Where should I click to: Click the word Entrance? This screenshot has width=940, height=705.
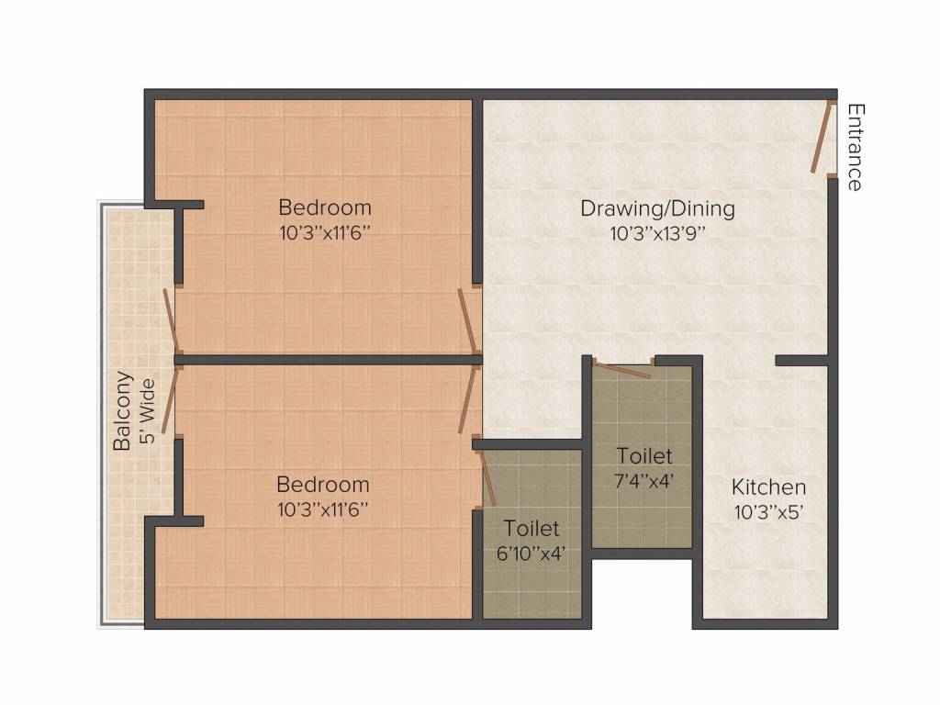point(855,147)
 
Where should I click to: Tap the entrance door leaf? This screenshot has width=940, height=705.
point(822,137)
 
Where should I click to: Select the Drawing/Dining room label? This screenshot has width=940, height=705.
point(657,208)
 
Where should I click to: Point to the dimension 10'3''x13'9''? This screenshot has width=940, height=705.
point(657,233)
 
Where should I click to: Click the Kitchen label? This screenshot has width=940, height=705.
point(768,487)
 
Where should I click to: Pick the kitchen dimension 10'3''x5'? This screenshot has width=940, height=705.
point(768,512)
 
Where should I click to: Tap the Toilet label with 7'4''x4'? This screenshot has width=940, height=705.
point(644,455)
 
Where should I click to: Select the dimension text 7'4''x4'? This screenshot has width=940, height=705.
point(644,479)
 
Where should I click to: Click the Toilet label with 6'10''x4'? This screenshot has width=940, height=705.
point(532,529)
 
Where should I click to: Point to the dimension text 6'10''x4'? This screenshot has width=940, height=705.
point(532,553)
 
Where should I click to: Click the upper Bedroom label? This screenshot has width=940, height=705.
point(325,207)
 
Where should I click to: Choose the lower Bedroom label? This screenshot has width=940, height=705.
point(323,484)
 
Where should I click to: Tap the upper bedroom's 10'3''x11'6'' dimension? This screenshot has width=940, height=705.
point(325,231)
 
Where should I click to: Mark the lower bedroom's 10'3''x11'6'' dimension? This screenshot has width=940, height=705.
point(323,509)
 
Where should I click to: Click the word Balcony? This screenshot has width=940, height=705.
point(122,410)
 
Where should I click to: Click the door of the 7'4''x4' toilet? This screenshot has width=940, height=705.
point(622,370)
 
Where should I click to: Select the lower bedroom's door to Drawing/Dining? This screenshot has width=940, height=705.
point(469,399)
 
